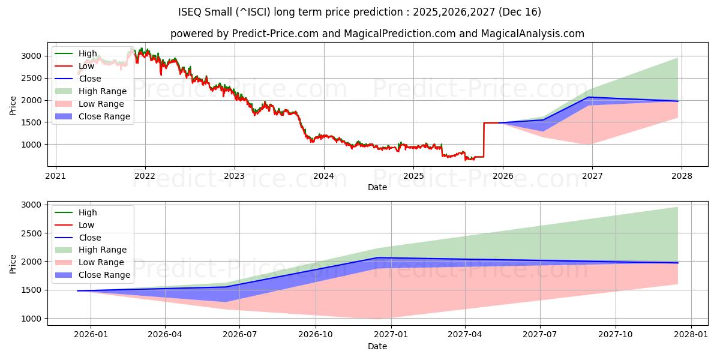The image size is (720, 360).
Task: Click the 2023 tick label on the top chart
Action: (234, 176)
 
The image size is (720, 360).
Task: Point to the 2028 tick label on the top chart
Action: (682, 176)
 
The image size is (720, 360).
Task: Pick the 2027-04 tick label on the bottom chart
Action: (465, 335)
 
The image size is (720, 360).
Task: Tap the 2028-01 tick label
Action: (691, 335)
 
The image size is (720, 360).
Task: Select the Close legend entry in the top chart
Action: (90, 79)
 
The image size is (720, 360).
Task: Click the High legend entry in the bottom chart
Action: (88, 212)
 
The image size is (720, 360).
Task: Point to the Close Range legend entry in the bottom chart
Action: (104, 275)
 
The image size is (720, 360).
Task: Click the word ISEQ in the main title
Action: (191, 12)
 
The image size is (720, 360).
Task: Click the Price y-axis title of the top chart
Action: (13, 104)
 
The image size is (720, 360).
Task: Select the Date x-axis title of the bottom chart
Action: (377, 346)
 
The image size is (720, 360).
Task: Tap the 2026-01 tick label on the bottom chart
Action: (91, 335)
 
